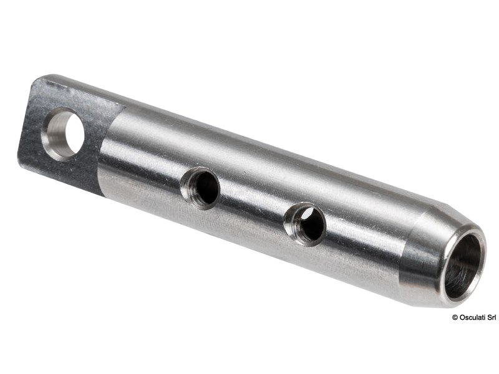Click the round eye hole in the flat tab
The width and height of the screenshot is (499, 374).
click(x=64, y=132)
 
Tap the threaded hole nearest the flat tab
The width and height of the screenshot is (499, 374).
click(x=201, y=188)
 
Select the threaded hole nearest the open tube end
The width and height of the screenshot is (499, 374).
click(x=305, y=223)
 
